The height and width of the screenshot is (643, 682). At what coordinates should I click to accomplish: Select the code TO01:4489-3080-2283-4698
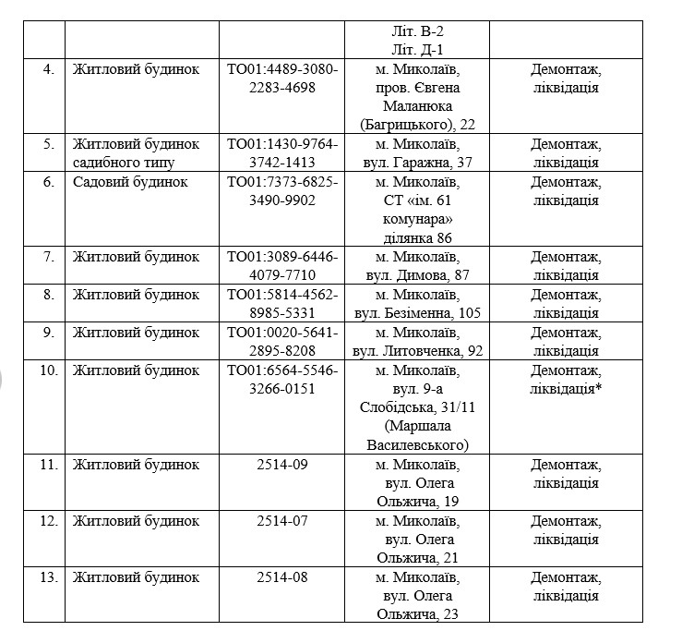282,79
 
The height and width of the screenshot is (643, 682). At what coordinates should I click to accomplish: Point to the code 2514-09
282,464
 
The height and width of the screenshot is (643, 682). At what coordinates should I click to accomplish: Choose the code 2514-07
282,520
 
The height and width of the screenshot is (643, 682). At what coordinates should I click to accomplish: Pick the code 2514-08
282,577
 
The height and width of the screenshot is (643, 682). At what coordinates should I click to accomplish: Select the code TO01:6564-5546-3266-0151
282,380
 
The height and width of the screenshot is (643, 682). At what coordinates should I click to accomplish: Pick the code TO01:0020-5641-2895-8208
282,342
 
